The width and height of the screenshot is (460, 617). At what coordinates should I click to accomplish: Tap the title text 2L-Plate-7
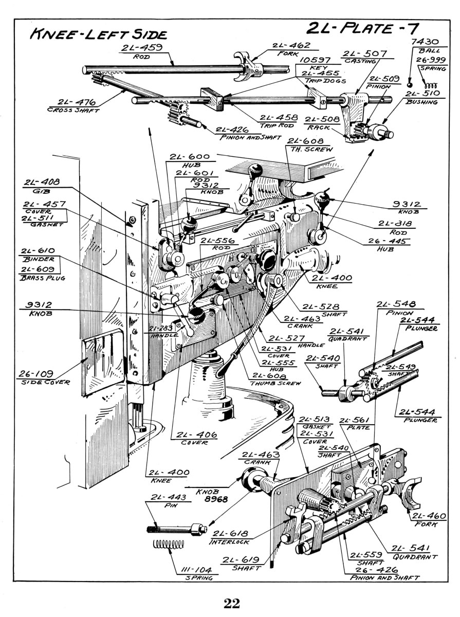coord(362,28)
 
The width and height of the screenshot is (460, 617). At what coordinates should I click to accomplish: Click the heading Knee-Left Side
coord(98,34)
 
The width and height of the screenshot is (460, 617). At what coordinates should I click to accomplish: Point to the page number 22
coord(232,603)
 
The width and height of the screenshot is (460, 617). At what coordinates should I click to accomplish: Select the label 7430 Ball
coord(425,46)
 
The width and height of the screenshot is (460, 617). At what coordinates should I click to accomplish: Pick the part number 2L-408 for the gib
coord(42,182)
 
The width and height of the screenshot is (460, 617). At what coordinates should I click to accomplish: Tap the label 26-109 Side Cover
coord(43,377)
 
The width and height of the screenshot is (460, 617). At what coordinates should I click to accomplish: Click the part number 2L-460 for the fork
coord(428,516)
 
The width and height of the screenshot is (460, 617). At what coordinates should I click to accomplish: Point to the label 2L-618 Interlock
coord(230,537)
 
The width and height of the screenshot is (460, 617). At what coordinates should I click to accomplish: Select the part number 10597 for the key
coord(315,60)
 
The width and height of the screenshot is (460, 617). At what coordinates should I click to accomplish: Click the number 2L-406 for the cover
coord(196,434)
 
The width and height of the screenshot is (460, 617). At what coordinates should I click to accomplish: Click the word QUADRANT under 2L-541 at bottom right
coord(415,556)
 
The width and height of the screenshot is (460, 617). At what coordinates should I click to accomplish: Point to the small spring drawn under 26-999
coord(431,85)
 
